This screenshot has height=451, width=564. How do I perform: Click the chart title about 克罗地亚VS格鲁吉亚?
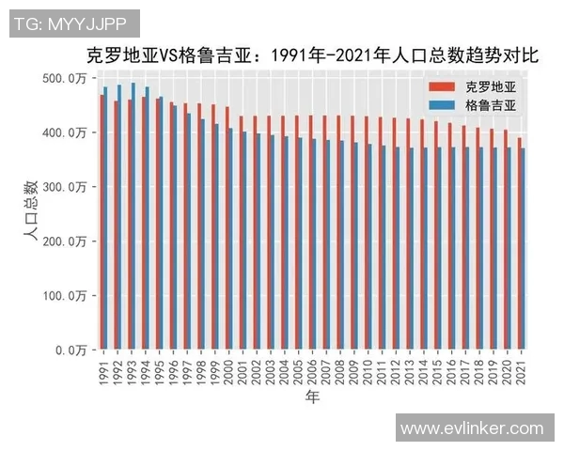[311, 55]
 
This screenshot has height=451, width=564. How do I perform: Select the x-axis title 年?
[311, 398]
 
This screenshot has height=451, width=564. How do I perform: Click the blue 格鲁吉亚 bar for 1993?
[133, 216]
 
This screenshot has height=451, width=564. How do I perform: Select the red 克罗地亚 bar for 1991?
[102, 222]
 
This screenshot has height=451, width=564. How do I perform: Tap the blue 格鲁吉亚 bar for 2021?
[524, 249]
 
